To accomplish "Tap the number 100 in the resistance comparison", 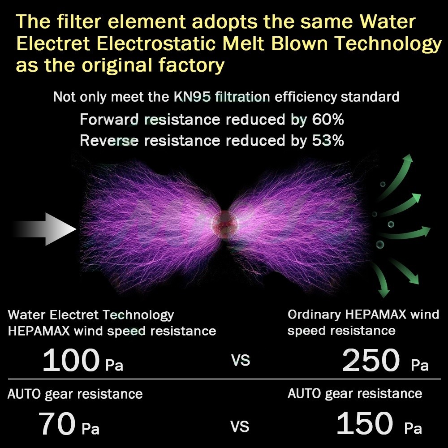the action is click(x=71, y=360).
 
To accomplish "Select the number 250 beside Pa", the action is click(x=371, y=360).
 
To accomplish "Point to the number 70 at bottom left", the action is click(x=57, y=423).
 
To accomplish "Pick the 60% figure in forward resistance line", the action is click(x=328, y=120).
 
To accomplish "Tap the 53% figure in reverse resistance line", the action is click(x=328, y=141).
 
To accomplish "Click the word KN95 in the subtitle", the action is click(x=192, y=97).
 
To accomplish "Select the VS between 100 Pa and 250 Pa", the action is click(x=241, y=360).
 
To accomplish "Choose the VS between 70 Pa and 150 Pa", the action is click(x=240, y=427).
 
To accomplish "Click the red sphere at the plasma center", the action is click(x=225, y=225).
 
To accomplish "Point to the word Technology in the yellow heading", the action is click(x=388, y=44).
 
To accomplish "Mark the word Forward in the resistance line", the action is click(x=109, y=120).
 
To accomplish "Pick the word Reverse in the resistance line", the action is click(x=109, y=141).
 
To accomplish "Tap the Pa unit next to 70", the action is click(x=90, y=429).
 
